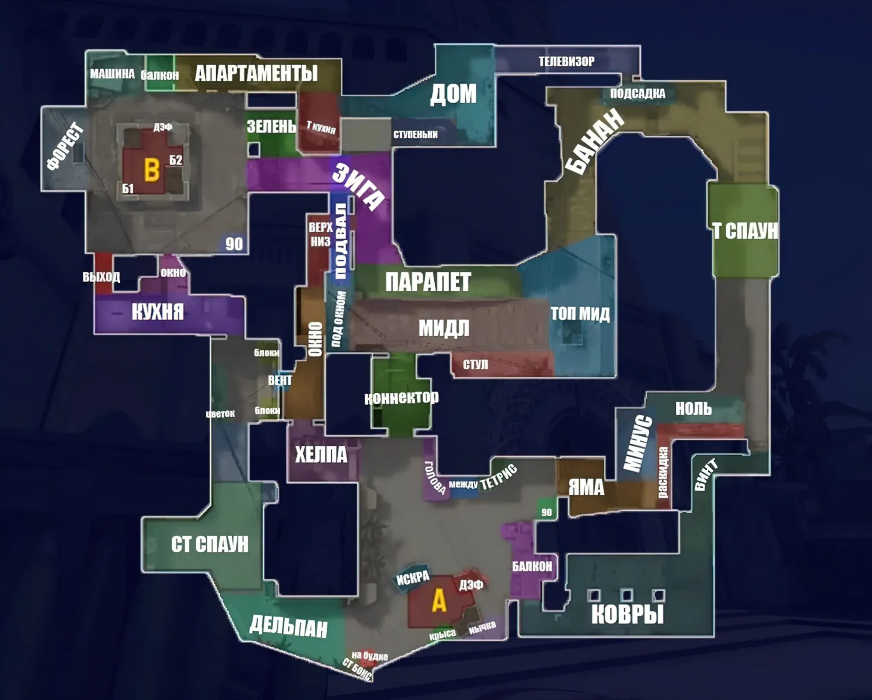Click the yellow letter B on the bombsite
pos(152,170)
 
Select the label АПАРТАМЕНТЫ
pos(256,73)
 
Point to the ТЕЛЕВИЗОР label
pos(566,62)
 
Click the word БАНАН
pos(594,141)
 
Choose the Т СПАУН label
pos(745,230)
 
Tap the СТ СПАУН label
pos(209,544)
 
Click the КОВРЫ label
pos(627,614)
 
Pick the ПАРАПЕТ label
pos(428,282)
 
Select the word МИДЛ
pos(444,329)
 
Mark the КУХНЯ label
pos(158,311)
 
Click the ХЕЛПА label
pos(321,455)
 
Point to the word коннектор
pos(401,398)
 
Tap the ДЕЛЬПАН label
pos(288,626)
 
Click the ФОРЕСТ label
pos(65,146)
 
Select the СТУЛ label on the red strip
pos(475,365)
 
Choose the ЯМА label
pos(586,487)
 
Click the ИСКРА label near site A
pos(412,578)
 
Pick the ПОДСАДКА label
pos(637,93)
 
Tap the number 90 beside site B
pos(234,244)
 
